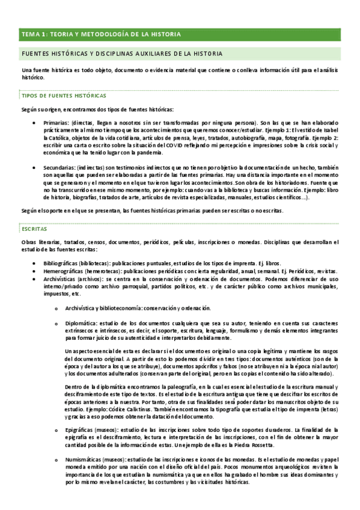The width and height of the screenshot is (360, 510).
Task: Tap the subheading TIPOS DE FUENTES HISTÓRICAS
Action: click(64, 96)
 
